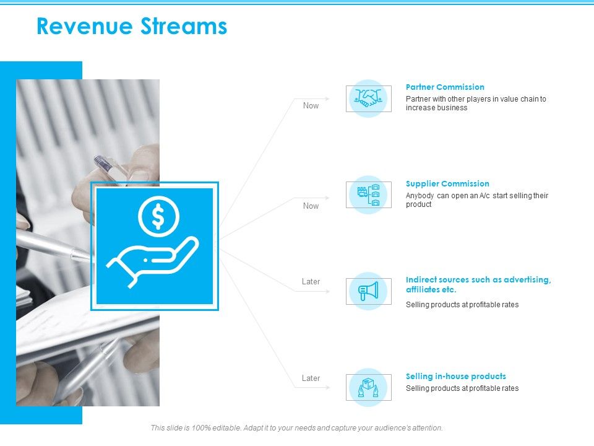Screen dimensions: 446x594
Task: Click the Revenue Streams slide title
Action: coord(132,27)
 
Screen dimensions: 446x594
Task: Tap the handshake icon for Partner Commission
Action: coord(368,98)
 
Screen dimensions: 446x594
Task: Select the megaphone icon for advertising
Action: coord(368,291)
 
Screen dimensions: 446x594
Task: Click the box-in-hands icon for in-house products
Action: coord(368,388)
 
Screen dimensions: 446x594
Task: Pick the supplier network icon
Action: coord(368,195)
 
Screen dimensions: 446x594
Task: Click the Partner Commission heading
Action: coord(445,87)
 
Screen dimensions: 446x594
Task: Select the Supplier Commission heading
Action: coord(447,184)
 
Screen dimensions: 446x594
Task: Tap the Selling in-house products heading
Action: coord(455,377)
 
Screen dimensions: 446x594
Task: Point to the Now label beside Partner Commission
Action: coord(311,106)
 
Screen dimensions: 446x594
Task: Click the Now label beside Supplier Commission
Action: coord(311,206)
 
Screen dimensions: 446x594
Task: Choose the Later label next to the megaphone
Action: coord(311,282)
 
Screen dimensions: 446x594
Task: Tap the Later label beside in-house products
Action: coord(311,378)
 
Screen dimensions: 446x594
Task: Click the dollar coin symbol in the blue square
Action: coord(158,216)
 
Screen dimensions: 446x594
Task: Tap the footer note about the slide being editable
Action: coord(296,428)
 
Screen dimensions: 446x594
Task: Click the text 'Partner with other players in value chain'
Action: coord(476,99)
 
